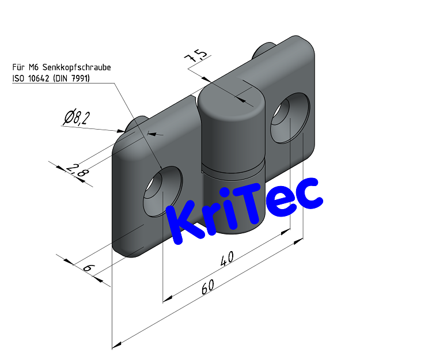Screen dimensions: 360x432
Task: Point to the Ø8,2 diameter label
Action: pos(77,118)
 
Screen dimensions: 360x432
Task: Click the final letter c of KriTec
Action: pos(309,193)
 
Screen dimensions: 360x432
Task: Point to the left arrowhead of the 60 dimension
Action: pos(116,346)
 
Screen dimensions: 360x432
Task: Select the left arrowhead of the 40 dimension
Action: pos(168,298)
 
